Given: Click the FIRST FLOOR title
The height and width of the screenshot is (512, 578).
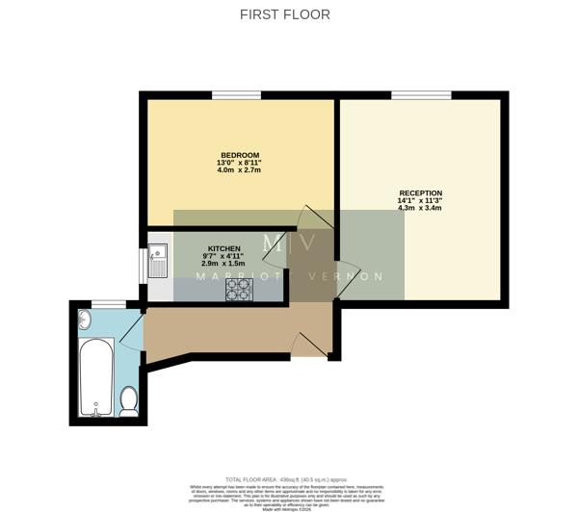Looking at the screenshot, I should tap(284, 14).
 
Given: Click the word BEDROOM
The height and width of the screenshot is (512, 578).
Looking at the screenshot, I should tap(239, 155).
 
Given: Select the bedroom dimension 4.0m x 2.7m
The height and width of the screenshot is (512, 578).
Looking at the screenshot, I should tap(239, 170).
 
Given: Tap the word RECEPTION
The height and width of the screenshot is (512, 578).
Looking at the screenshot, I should tap(420, 193).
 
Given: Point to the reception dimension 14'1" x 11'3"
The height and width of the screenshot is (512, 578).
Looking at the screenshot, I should tap(420, 201).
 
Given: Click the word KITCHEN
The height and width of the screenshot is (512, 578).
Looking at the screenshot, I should tap(223, 247).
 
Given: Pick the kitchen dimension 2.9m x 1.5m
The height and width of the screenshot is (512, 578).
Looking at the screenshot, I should tap(223, 263).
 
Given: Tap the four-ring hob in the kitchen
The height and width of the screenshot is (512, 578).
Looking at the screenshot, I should tap(238, 290).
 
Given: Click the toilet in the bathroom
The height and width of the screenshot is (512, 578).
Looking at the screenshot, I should tap(128, 399).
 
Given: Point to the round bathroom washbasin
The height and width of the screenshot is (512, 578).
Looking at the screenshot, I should tap(84, 319).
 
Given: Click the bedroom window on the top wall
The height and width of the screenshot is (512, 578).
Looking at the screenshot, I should tap(236, 94).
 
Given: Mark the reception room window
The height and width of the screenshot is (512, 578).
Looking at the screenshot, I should tap(420, 94).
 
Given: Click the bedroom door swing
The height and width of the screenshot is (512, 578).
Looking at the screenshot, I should tap(318, 218).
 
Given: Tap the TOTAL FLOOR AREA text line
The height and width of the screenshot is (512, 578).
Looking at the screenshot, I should tap(286, 478).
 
